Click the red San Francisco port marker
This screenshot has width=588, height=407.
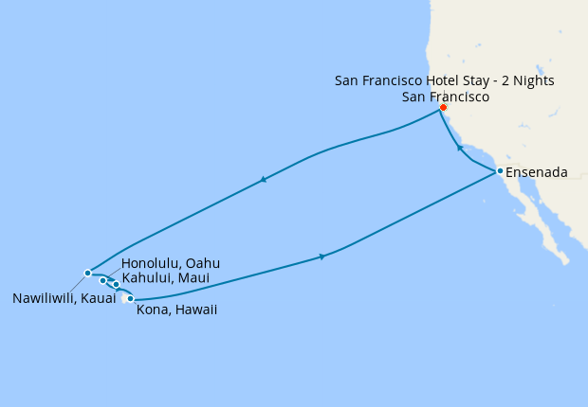coord(443,107)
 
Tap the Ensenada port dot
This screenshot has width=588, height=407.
coord(500,171)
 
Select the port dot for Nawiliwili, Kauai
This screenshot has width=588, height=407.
coord(87,273)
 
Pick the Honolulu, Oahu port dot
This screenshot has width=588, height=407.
coord(102,280)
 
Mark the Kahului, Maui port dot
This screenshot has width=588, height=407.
coord(116,284)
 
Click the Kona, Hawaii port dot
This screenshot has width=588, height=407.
coord(131,299)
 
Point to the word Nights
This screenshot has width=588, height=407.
coord(532,80)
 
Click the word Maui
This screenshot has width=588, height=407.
coord(193,277)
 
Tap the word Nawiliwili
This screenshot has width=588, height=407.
coord(45,298)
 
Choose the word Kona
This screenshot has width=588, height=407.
coord(153,309)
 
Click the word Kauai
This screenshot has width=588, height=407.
coord(98,298)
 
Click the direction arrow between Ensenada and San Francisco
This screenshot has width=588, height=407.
coord(460,148)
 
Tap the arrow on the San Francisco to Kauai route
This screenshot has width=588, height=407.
coord(263,179)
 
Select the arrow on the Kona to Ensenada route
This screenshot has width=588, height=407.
coord(322,257)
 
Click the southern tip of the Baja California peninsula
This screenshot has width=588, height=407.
coord(567,258)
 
